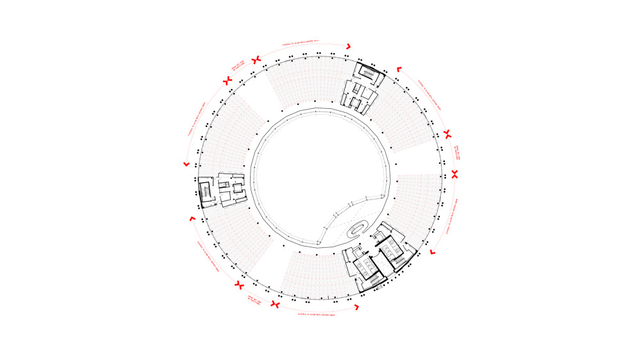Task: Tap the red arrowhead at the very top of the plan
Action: (x=348, y=46)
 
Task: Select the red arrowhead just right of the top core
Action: (x=399, y=69)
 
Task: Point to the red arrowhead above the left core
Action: (x=187, y=165)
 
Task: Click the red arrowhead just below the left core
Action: (x=191, y=220)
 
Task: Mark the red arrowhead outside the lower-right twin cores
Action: (x=433, y=254)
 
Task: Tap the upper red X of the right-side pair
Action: (x=447, y=135)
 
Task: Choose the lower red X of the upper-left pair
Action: (x=226, y=81)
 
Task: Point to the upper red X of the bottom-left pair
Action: (x=239, y=284)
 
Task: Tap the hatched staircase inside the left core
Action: (x=206, y=192)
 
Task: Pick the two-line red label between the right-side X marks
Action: (x=457, y=154)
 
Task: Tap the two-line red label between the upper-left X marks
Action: (x=238, y=68)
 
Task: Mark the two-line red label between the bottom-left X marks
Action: (x=254, y=299)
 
